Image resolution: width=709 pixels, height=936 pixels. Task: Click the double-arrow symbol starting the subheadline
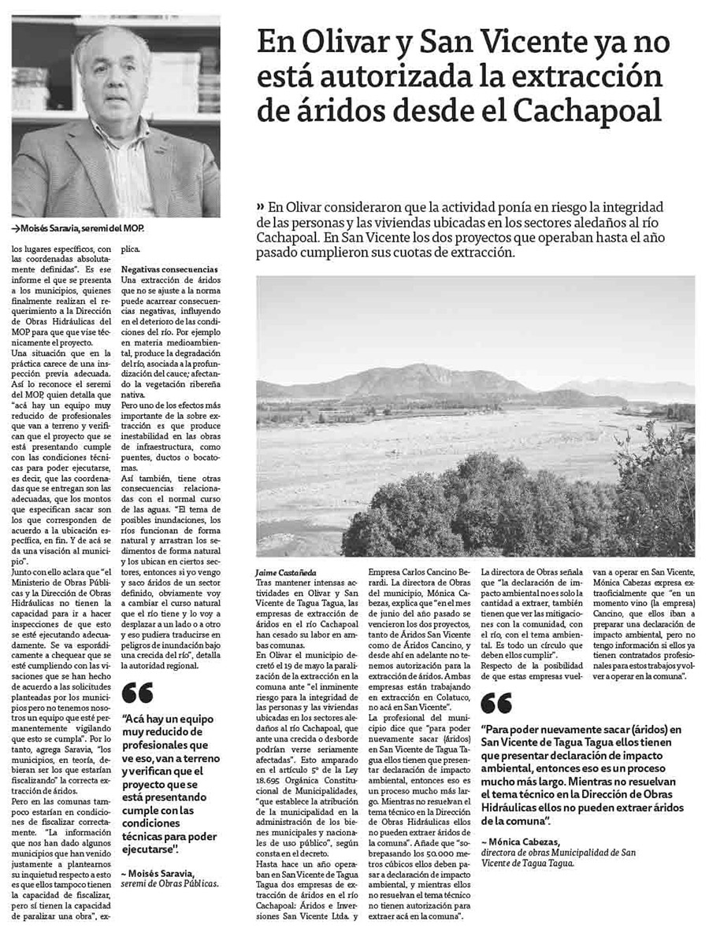(x=261, y=207)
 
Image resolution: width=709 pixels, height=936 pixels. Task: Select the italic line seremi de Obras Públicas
(x=169, y=883)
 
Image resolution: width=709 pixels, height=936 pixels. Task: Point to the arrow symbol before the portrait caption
(x=16, y=228)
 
